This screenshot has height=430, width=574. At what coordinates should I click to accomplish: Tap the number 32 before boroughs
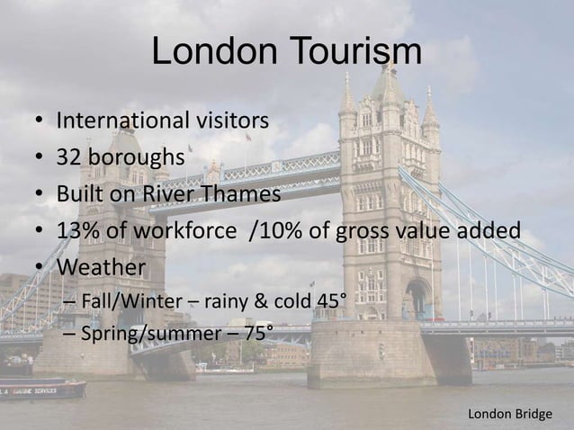[71, 157]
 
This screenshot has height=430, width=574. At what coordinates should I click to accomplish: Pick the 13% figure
[77, 231]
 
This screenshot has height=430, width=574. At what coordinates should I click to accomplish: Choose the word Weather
[101, 268]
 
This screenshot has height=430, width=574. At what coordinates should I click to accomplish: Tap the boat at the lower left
[40, 389]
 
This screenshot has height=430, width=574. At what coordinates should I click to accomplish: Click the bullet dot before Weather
[40, 269]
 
